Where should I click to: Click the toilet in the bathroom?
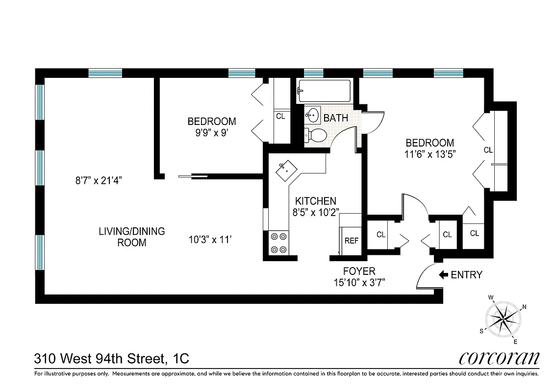(315, 135)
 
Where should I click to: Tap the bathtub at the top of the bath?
(324, 91)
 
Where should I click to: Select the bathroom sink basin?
(312, 116)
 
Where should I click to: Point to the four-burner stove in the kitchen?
(278, 243)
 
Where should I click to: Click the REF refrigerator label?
(352, 241)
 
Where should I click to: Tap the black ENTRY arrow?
(443, 275)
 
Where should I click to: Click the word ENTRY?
(466, 275)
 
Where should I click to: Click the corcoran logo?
(499, 358)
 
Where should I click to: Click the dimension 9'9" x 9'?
(212, 132)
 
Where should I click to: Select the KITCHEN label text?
(315, 201)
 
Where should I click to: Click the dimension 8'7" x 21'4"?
(98, 180)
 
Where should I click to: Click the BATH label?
(336, 118)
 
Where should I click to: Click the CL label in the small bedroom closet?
(280, 117)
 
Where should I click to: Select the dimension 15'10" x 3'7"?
(359, 283)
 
